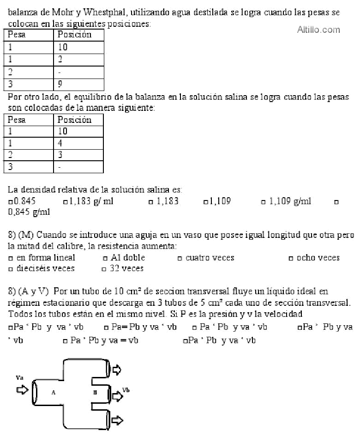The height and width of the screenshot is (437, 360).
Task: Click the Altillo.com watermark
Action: coord(318,30)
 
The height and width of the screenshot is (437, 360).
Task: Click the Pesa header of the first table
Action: coord(17,35)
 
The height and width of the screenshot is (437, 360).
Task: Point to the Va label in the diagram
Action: coord(19,377)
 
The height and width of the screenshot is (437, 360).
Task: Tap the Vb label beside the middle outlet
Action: coord(126,390)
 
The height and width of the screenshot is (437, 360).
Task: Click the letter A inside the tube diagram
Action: coord(54,392)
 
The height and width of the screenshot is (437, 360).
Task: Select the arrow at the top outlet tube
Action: coord(116,369)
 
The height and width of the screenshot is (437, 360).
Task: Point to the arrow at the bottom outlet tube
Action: coord(117,420)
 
